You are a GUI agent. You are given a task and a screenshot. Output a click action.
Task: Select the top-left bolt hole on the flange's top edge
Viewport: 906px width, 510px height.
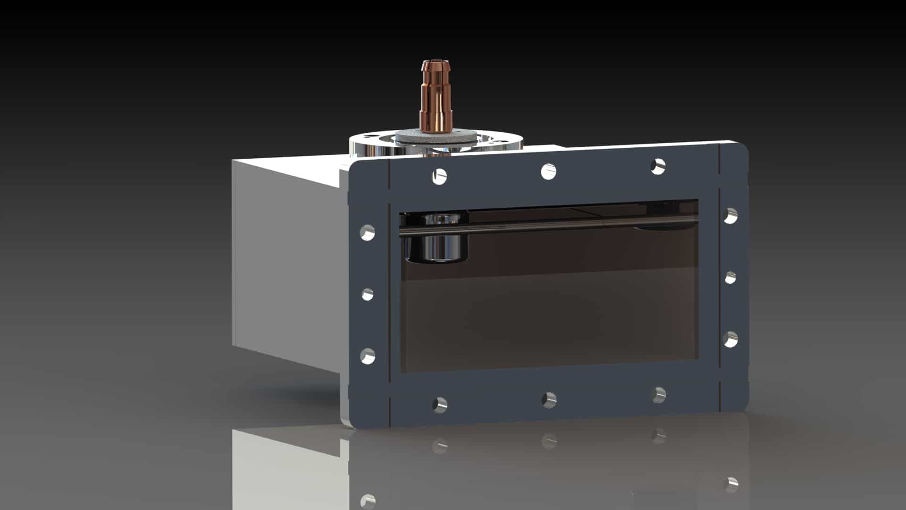pyautogui.click(x=439, y=176)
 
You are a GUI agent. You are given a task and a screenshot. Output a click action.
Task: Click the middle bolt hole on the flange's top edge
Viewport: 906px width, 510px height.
pyautogui.click(x=548, y=171)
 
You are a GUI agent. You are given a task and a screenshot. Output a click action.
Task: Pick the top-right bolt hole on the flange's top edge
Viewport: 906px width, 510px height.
pyautogui.click(x=658, y=166)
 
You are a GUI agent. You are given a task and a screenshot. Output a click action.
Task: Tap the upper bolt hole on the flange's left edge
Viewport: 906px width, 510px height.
pyautogui.click(x=368, y=233)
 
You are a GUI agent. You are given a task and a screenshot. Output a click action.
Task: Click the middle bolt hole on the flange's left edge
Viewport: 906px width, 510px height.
pyautogui.click(x=368, y=295)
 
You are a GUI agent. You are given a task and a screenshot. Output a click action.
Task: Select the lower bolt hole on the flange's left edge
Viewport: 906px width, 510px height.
pyautogui.click(x=368, y=356)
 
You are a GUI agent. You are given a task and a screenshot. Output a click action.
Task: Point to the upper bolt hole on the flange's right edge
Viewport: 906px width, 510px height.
pyautogui.click(x=730, y=216)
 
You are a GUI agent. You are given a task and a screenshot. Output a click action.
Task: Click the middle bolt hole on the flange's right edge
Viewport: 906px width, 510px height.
pyautogui.click(x=730, y=278)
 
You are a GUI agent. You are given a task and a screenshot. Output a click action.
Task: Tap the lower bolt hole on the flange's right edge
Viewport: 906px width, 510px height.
pyautogui.click(x=730, y=339)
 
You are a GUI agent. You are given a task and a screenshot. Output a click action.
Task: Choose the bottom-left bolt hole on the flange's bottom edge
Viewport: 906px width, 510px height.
pyautogui.click(x=440, y=404)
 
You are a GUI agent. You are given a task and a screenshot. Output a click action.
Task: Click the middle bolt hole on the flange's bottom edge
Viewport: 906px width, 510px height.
pyautogui.click(x=549, y=399)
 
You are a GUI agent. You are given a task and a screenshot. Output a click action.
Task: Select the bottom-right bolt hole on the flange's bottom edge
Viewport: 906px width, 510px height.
pyautogui.click(x=659, y=395)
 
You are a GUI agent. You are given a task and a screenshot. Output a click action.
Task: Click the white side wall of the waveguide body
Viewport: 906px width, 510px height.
pyautogui.click(x=283, y=264)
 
